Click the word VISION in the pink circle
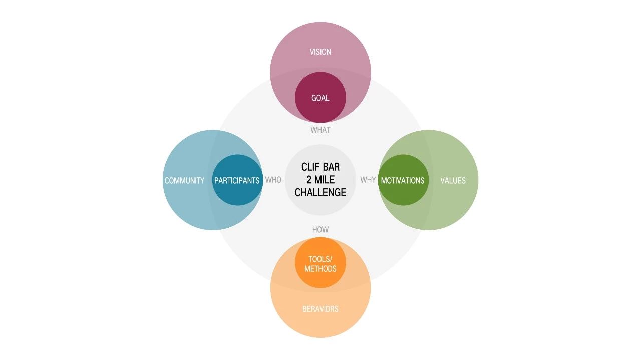pyautogui.click(x=320, y=52)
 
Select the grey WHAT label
pyautogui.click(x=320, y=130)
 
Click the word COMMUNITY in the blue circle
pyautogui.click(x=184, y=180)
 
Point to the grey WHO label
pyautogui.click(x=273, y=180)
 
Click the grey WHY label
pyautogui.click(x=368, y=180)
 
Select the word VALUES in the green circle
pyautogui.click(x=453, y=180)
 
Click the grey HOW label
pyautogui.click(x=320, y=229)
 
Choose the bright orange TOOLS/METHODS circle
pyautogui.click(x=320, y=250)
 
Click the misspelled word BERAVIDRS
pyautogui.click(x=320, y=309)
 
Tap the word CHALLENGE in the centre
pyautogui.click(x=320, y=192)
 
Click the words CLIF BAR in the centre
pyautogui.click(x=320, y=167)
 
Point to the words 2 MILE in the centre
pyautogui.click(x=320, y=180)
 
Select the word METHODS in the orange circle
pyautogui.click(x=320, y=269)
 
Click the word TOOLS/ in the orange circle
pyautogui.click(x=320, y=259)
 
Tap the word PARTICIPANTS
pyautogui.click(x=237, y=180)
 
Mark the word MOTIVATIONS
pyautogui.click(x=403, y=180)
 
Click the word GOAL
pyautogui.click(x=320, y=98)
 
